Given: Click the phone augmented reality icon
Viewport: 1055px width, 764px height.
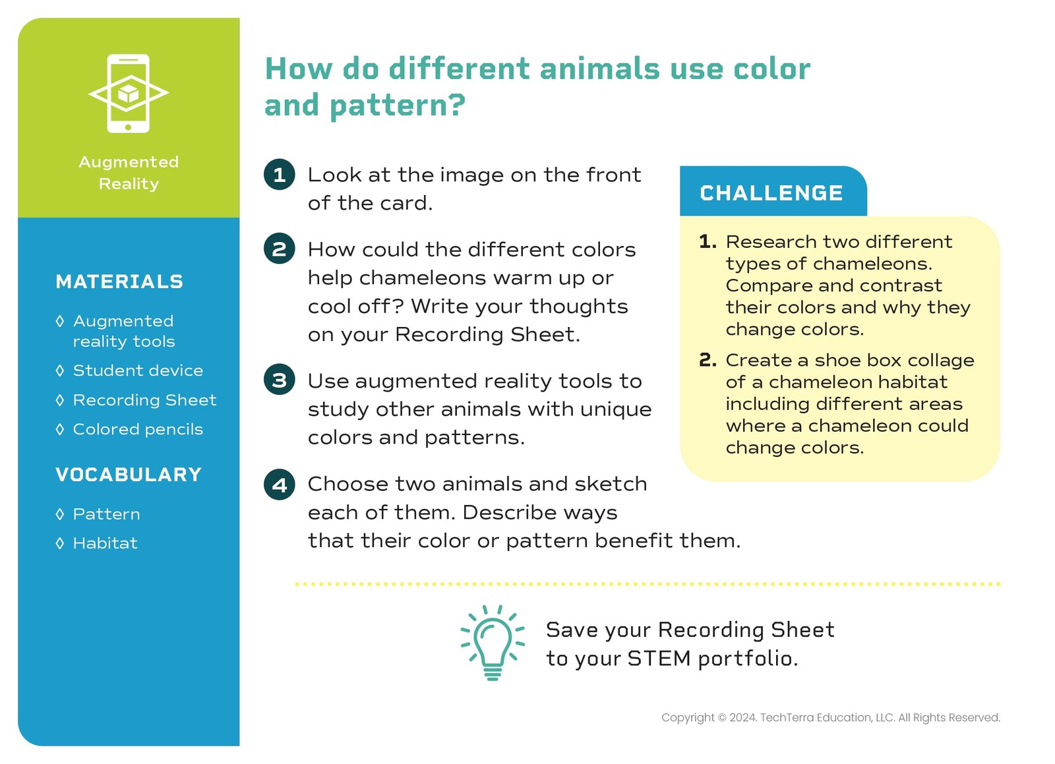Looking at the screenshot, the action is coord(128,94).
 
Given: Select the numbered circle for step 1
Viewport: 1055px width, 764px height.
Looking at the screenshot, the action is coord(280,175).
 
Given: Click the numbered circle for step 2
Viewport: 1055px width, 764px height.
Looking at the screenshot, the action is coord(280,249).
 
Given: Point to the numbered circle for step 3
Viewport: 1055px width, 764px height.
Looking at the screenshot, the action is coord(280,380).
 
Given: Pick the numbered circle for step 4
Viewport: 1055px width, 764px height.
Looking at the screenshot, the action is coord(280,485).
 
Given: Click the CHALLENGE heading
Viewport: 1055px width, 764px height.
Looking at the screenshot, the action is coord(771,193).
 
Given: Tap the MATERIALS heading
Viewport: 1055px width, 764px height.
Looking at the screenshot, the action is coord(119,281).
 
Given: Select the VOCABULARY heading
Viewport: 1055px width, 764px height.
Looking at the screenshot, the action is coord(129,475).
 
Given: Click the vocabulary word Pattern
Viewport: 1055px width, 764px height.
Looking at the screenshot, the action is coord(106,514).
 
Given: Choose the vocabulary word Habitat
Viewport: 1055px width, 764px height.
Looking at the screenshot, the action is coord(105,543).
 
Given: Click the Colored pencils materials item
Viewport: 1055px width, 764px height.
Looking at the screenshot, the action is coord(138,429).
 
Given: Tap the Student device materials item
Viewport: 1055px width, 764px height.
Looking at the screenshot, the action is coord(138,370).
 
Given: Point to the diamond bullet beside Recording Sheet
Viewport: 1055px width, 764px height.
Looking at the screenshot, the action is coord(60,400).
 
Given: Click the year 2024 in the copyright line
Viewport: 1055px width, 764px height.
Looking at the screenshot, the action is coord(743,718).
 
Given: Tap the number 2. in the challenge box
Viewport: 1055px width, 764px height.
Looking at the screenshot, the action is coord(708,360).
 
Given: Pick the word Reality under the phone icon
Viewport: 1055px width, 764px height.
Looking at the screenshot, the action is coord(129,184).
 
